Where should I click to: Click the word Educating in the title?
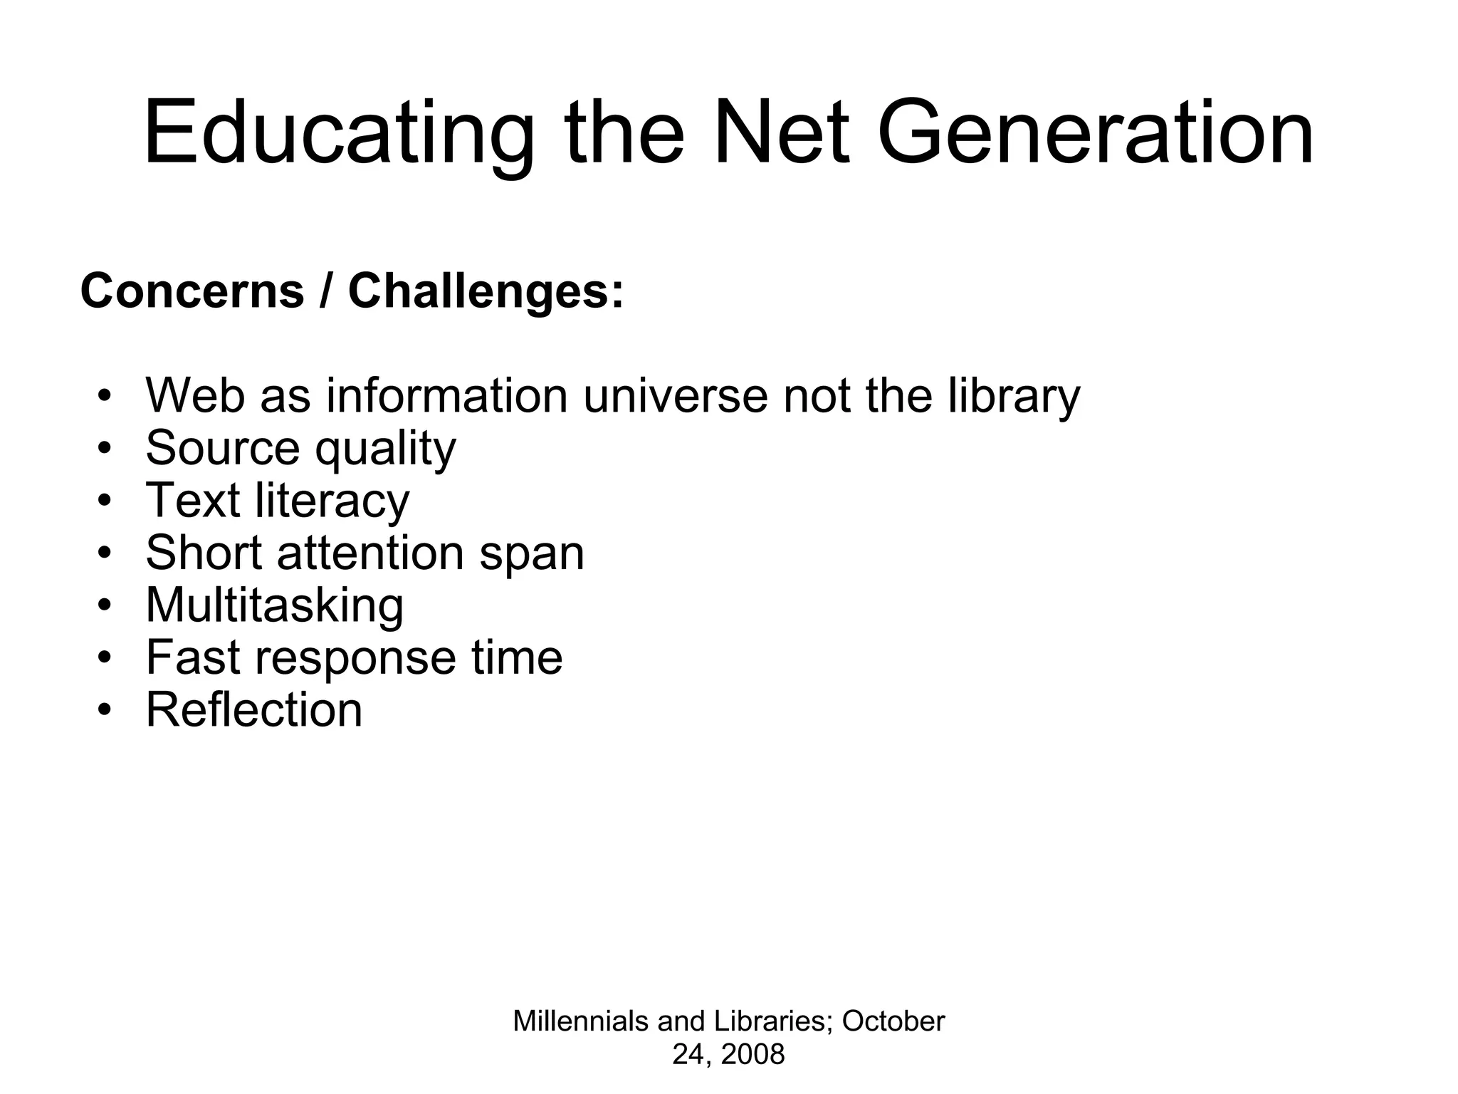tap(338, 134)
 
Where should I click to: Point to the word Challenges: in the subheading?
tap(486, 291)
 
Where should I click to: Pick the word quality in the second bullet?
tap(385, 449)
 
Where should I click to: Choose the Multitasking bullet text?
tap(275, 605)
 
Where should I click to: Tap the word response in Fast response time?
tap(355, 657)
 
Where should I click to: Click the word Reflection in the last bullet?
tap(254, 709)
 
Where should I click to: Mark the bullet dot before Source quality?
tap(105, 449)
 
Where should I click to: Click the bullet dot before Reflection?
tap(105, 709)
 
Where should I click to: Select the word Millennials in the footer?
tap(580, 1021)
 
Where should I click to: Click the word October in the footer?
tap(893, 1021)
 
